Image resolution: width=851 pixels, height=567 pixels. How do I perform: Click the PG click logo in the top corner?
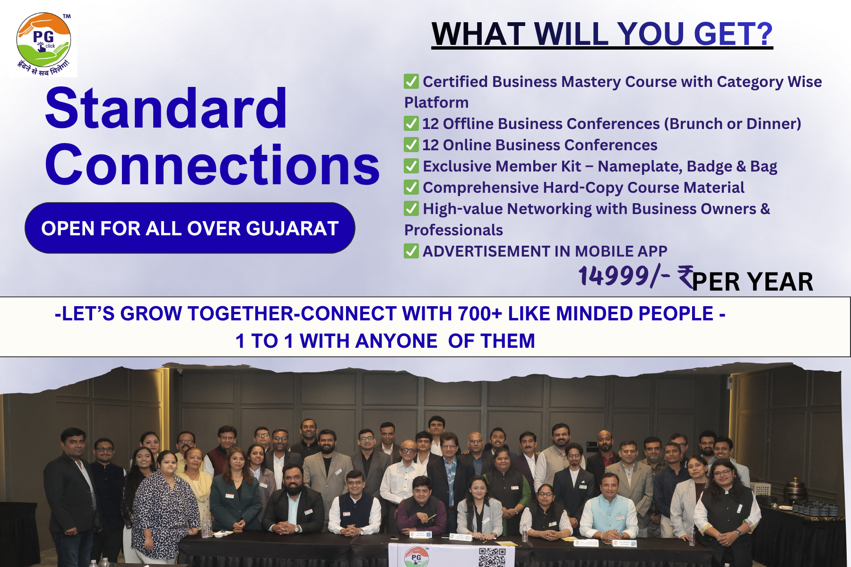pos(43,43)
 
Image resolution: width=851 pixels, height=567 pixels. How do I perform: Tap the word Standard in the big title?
pos(166,108)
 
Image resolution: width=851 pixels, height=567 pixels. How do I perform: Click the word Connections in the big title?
pos(212,164)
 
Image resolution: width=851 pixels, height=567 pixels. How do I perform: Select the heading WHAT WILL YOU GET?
pos(602,34)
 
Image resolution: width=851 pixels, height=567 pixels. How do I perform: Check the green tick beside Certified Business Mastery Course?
pos(411,81)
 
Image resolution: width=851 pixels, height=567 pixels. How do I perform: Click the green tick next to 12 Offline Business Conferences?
pos(411,123)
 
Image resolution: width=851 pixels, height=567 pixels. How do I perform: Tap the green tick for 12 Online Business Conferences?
pos(411,145)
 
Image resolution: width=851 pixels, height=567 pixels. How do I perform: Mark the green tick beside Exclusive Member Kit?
pos(411,166)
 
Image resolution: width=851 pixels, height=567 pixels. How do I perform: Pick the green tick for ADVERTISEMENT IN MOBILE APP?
pos(411,251)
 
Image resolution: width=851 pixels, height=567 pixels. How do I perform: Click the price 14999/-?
pos(624,276)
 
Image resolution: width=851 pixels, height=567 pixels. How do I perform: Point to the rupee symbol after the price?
pos(686,277)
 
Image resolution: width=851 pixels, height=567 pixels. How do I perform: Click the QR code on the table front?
pos(492,557)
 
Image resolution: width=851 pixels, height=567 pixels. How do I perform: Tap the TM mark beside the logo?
pos(67,16)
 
